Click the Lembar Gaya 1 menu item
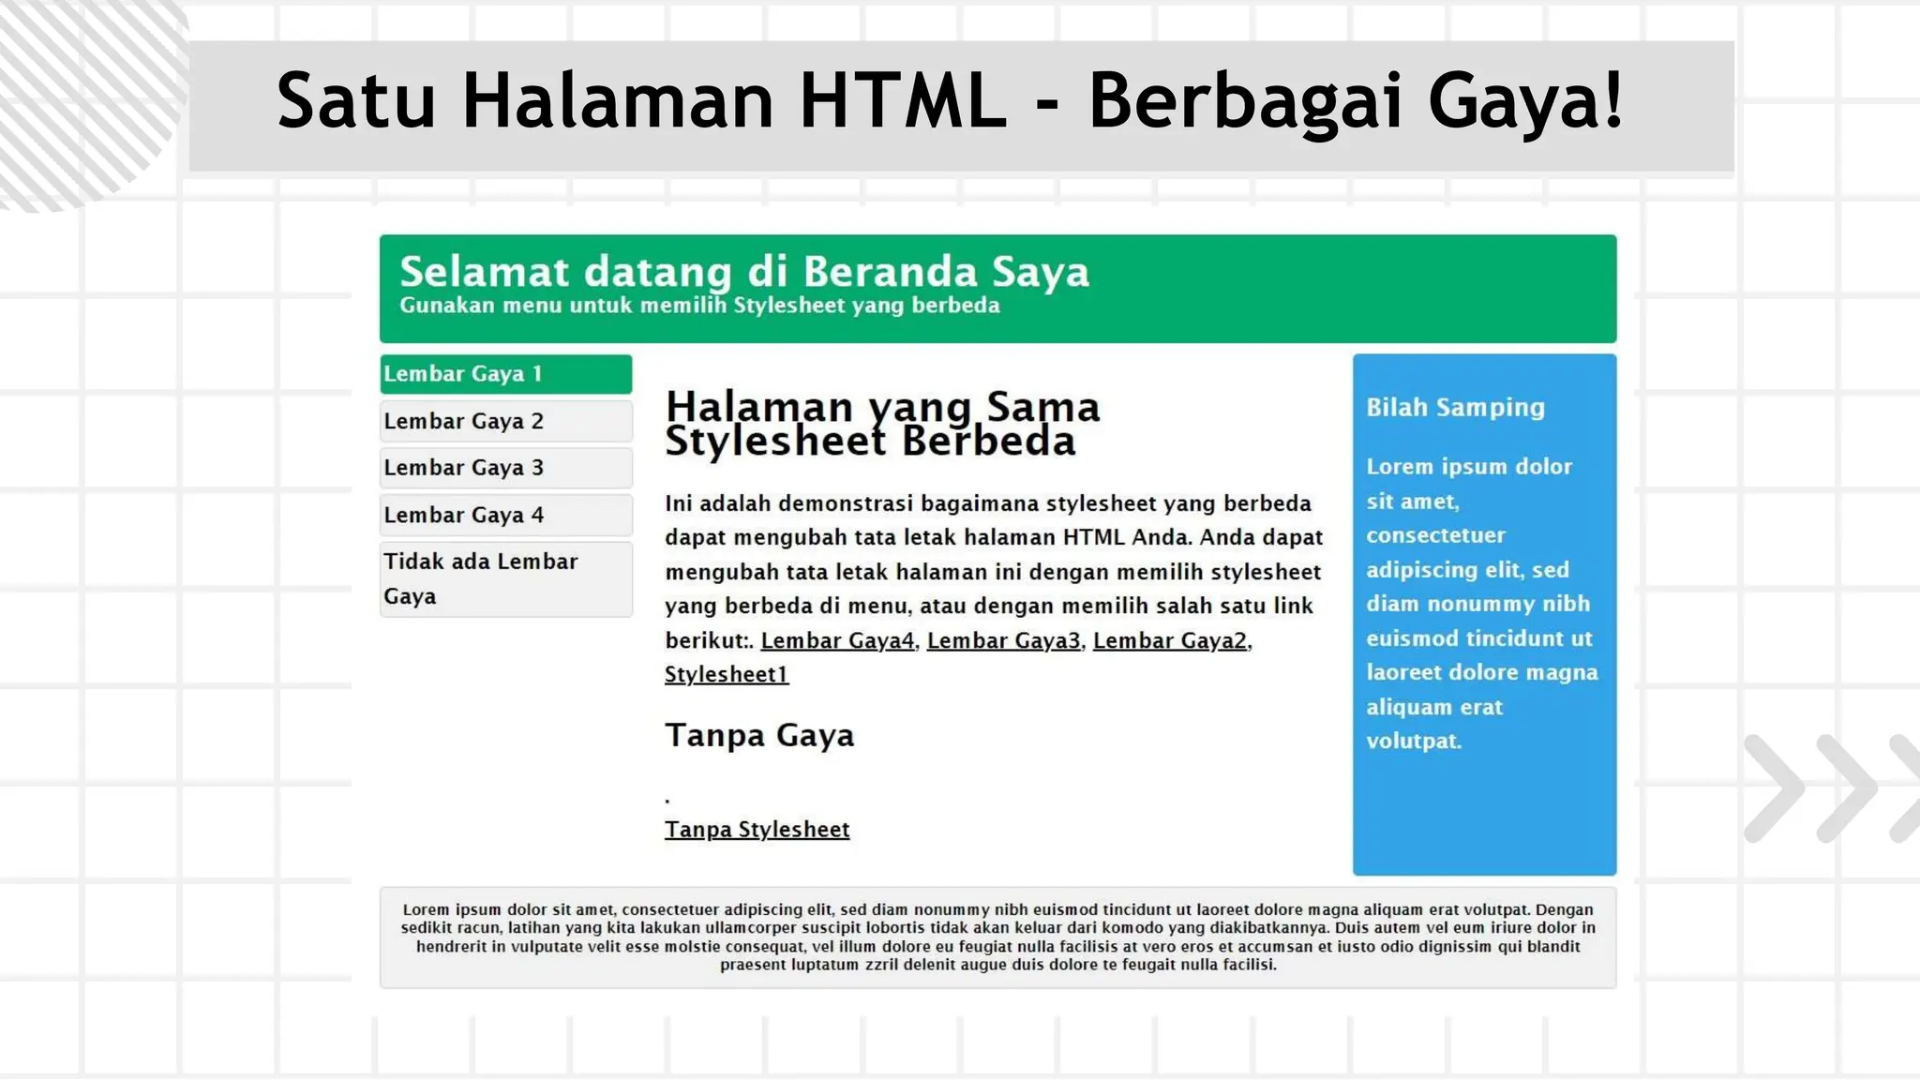(x=505, y=374)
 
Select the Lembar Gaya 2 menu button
(x=505, y=421)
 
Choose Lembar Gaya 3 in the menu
(x=505, y=468)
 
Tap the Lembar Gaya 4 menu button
(x=505, y=515)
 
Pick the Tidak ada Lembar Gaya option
(x=505, y=578)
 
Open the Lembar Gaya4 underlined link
(x=837, y=640)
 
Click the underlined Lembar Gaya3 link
(x=1003, y=640)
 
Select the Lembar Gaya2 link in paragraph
(x=1170, y=640)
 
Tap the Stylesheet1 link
(x=727, y=674)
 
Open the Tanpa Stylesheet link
(x=757, y=830)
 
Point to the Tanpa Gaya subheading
(x=759, y=736)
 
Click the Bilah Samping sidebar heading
(x=1455, y=407)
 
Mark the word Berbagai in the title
(x=1245, y=100)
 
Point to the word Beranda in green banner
(x=890, y=272)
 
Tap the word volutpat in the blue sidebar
(x=1413, y=741)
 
